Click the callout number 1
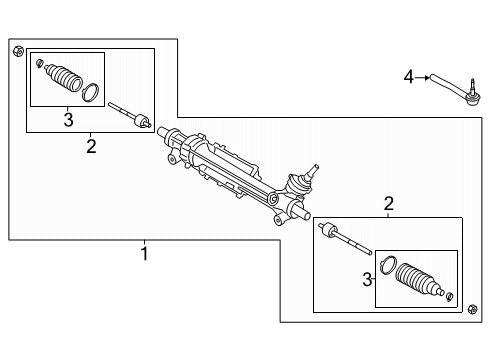point(144,254)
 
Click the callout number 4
point(408,75)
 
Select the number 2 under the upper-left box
point(91,146)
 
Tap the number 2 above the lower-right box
point(389,204)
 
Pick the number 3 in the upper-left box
point(68,120)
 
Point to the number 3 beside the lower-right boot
point(366,278)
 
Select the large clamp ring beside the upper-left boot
point(91,93)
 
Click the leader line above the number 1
point(144,243)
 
